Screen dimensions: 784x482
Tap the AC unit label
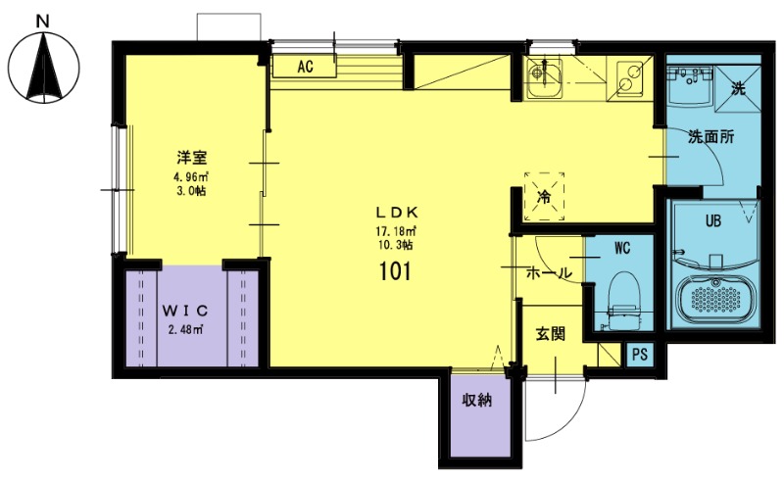click(x=305, y=67)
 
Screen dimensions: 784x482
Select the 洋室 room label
click(x=191, y=158)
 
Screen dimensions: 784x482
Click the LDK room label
click(x=397, y=213)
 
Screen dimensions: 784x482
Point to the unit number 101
click(x=396, y=271)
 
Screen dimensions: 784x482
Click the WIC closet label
click(x=184, y=311)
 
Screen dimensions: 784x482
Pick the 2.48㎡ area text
click(x=185, y=329)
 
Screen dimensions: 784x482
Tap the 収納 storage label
click(x=476, y=400)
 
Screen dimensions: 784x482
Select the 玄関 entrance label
click(x=551, y=334)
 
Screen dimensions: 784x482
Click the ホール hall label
click(x=549, y=273)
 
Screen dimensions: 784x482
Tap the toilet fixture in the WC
click(x=622, y=300)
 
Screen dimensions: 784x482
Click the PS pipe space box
click(x=640, y=355)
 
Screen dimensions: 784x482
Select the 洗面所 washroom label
click(x=711, y=137)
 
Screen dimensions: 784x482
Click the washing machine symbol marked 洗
click(x=738, y=84)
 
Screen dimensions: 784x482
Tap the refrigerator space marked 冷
click(x=544, y=197)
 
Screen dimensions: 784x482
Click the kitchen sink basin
click(x=544, y=78)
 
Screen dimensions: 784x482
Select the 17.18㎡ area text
click(x=396, y=231)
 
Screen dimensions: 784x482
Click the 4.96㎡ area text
click(x=191, y=176)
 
